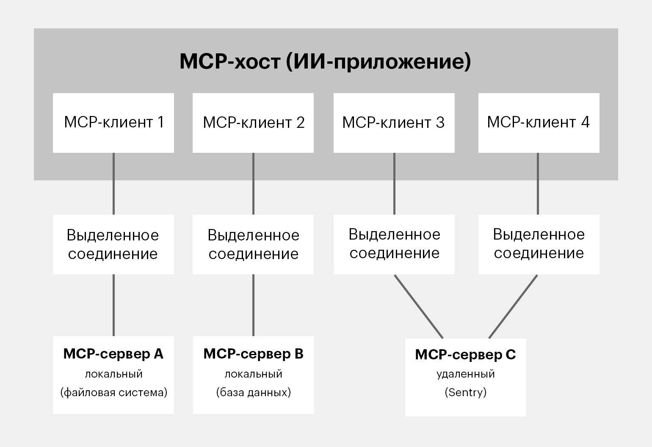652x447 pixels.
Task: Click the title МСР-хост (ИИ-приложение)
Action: coord(325,61)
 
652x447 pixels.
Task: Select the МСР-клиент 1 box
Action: coord(113,123)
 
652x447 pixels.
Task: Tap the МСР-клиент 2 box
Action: coord(253,123)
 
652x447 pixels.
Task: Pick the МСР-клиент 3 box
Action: coord(394,123)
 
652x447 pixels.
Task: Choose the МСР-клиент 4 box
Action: coord(539,123)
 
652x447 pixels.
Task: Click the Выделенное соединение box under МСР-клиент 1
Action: coord(113,245)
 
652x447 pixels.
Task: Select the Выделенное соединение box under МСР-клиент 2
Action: coord(253,245)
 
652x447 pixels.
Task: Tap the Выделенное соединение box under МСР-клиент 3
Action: coord(394,245)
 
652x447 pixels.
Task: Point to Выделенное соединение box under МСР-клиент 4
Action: coord(539,245)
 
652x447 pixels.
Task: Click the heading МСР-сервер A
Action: coord(113,354)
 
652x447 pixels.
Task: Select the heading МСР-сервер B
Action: coord(253,354)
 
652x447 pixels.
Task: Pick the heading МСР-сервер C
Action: coord(465,354)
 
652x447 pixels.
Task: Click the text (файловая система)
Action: coord(114,392)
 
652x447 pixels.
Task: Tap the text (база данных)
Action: coord(254,392)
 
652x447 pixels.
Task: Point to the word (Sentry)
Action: coord(466,392)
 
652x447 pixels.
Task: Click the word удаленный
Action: coord(466,374)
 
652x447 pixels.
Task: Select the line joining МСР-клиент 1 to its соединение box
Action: coord(113,184)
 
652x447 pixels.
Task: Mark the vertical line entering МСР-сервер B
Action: coord(253,305)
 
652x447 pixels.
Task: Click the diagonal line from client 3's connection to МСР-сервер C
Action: coord(419,306)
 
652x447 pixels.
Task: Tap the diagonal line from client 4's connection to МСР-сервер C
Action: coord(513,306)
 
